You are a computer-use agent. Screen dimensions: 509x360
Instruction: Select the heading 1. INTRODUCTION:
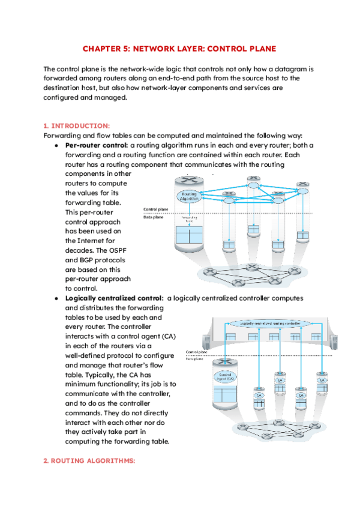(77, 125)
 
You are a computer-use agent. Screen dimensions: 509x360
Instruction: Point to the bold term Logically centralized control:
(114, 298)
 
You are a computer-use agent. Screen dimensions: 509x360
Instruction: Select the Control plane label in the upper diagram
(155, 209)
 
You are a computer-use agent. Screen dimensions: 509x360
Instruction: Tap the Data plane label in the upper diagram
(154, 217)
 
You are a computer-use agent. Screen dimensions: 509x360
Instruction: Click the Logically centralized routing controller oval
(268, 324)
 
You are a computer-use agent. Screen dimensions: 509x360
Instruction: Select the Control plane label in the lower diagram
(197, 352)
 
